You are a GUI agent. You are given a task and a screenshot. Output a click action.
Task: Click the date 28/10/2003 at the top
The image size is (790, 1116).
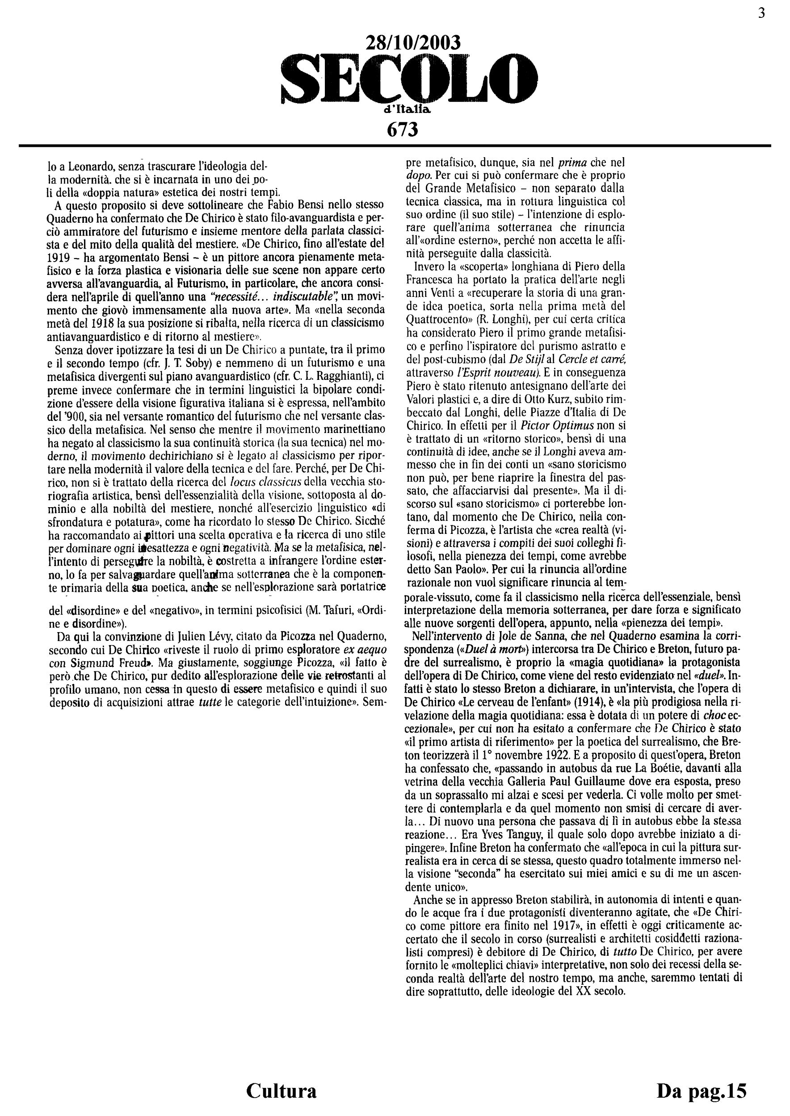tap(412, 43)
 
